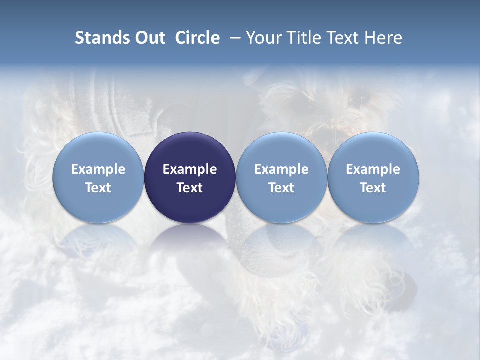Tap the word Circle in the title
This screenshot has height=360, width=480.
coord(197,38)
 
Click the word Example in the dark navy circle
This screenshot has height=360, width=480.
coord(190,169)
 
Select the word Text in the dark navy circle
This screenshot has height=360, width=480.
coord(190,188)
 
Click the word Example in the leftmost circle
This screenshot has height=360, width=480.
coord(98,169)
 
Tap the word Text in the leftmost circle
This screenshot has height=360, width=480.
coord(98,188)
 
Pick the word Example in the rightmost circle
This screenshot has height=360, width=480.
coord(373,169)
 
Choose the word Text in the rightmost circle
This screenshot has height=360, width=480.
coord(373,188)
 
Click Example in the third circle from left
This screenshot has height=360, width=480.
coord(281,169)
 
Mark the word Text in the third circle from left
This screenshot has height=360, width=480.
coord(281,188)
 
